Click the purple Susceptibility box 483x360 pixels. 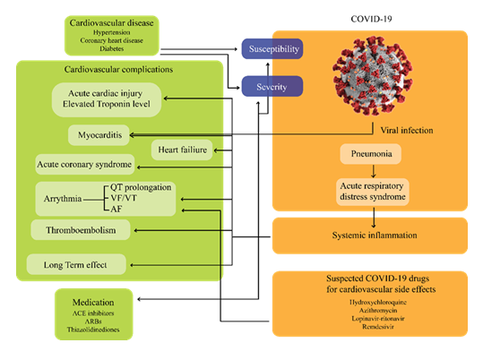tap(274, 48)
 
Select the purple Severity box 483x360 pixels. tap(274, 86)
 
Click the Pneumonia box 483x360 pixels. tap(368, 154)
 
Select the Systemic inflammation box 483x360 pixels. tap(368, 236)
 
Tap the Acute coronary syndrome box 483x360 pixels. tap(84, 165)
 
